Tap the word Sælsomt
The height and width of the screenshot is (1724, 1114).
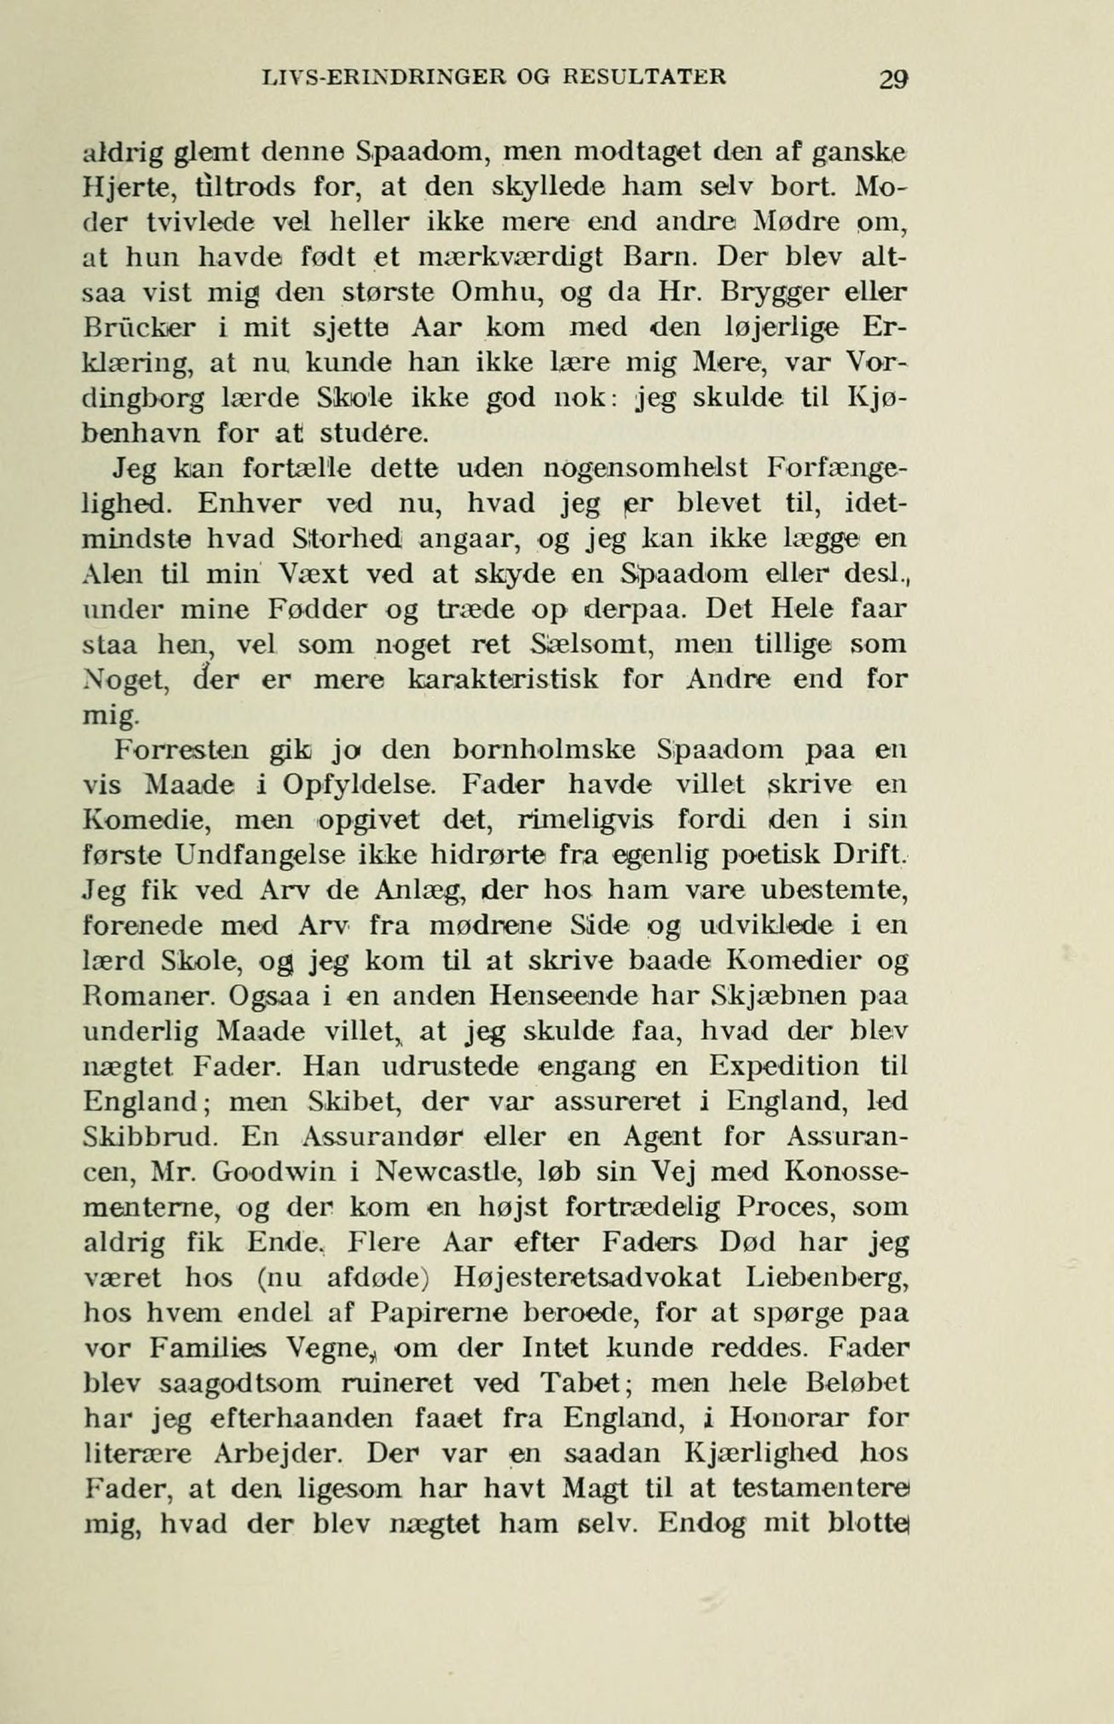[x=588, y=645]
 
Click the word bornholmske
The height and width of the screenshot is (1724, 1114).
[x=544, y=750]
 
